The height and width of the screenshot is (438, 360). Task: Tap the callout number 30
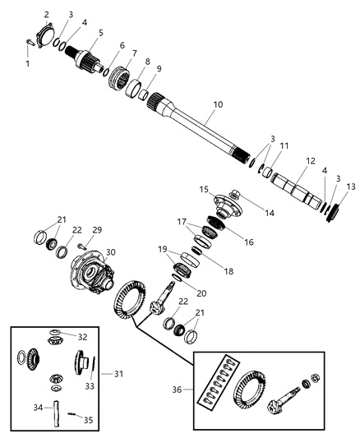point(111,252)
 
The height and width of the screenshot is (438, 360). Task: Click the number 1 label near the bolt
point(26,63)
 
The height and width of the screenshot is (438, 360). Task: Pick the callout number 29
point(96,229)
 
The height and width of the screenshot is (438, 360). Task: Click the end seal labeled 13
point(333,213)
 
